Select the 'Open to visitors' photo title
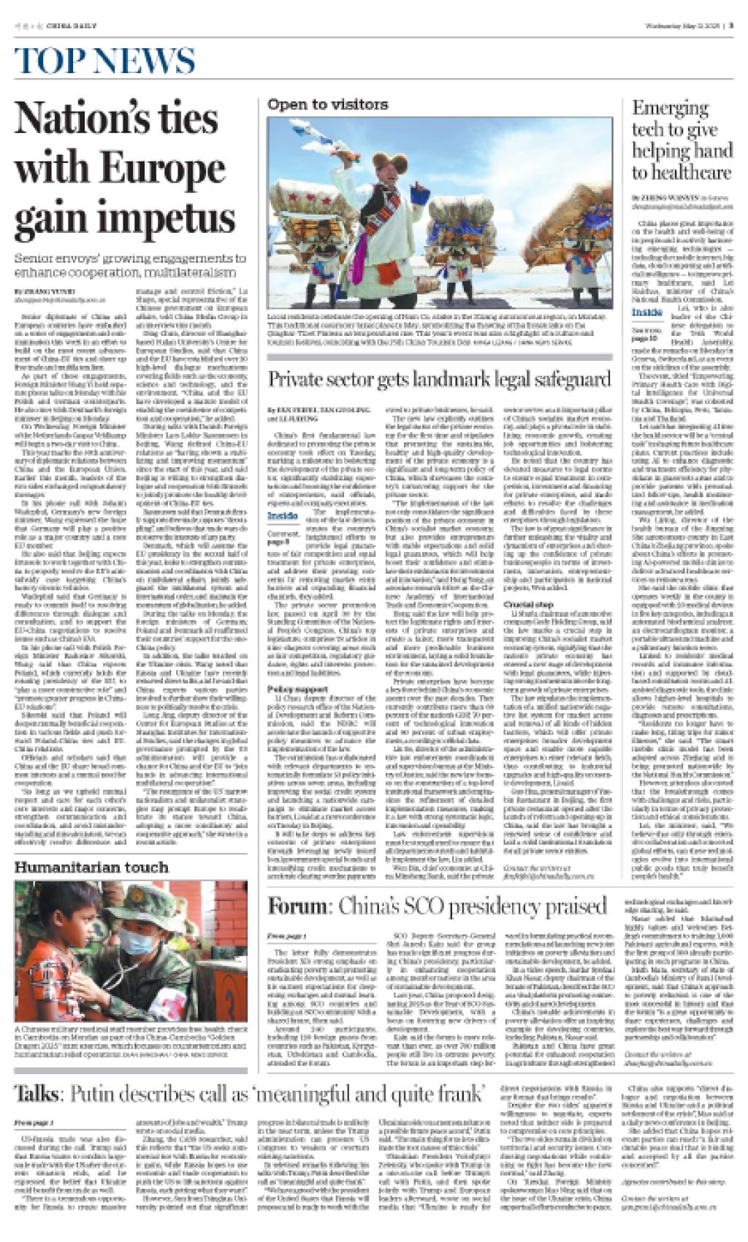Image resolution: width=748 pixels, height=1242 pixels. pos(327,105)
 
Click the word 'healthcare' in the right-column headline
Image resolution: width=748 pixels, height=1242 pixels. pos(682,172)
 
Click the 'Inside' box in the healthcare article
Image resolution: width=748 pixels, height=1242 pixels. pos(647,313)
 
